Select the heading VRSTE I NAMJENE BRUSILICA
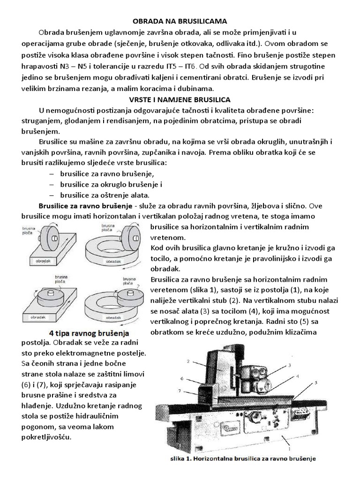[180, 99]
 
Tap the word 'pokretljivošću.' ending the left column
[46, 437]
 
